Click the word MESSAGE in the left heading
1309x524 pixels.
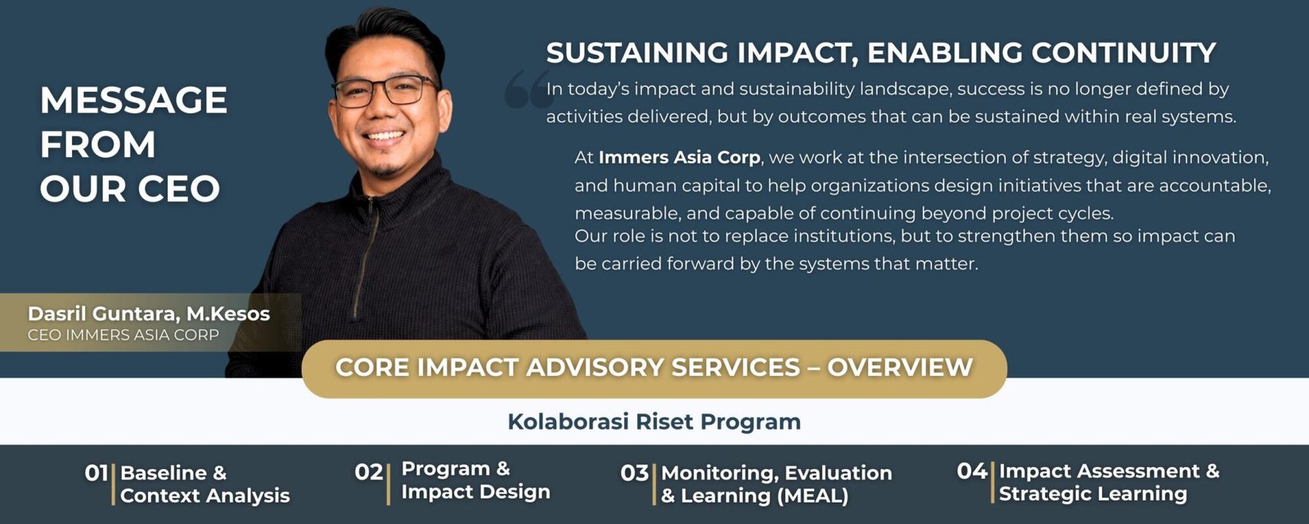coord(133,99)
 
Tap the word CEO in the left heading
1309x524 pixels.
coord(179,188)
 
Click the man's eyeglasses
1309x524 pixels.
coord(385,91)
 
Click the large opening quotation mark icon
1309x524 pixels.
coord(528,89)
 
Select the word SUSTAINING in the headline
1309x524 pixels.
coord(637,52)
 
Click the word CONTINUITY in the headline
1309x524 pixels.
coord(1123,52)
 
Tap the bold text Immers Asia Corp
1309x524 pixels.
coord(679,157)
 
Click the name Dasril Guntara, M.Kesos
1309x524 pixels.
coord(148,314)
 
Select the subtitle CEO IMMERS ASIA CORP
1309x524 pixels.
coord(124,335)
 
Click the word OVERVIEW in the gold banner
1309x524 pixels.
coord(900,368)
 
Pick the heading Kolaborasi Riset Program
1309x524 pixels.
coord(654,422)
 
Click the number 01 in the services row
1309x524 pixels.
coord(96,473)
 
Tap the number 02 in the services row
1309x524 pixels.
coord(369,472)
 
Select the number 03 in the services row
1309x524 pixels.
coord(635,472)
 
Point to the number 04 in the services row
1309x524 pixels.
coord(972,471)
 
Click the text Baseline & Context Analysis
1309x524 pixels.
coord(205,484)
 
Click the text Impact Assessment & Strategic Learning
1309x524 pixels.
coord(1109,482)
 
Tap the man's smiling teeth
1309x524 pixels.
coord(384,136)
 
